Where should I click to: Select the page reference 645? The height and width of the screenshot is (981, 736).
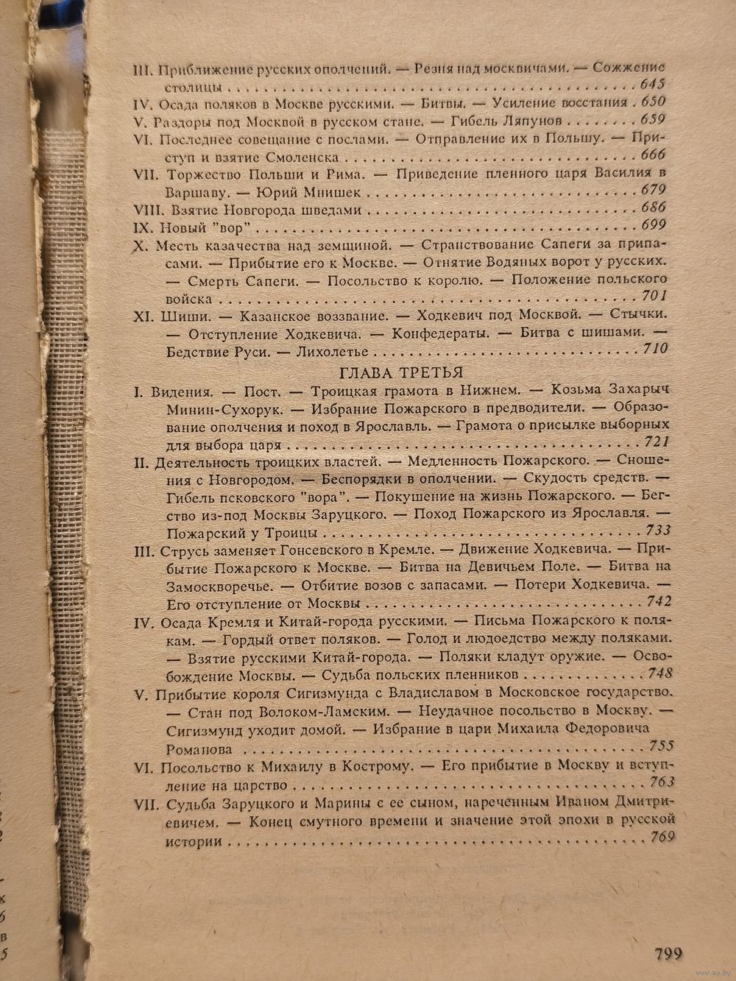(653, 82)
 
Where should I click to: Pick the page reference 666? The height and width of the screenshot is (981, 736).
(652, 155)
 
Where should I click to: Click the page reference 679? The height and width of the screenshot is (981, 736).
(653, 191)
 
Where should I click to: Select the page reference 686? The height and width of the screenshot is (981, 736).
(653, 208)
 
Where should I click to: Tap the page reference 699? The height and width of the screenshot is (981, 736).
(653, 225)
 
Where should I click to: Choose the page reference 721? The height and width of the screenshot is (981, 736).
(655, 442)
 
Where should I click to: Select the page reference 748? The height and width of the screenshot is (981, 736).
(659, 674)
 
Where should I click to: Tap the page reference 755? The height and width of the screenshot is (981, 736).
(660, 745)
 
